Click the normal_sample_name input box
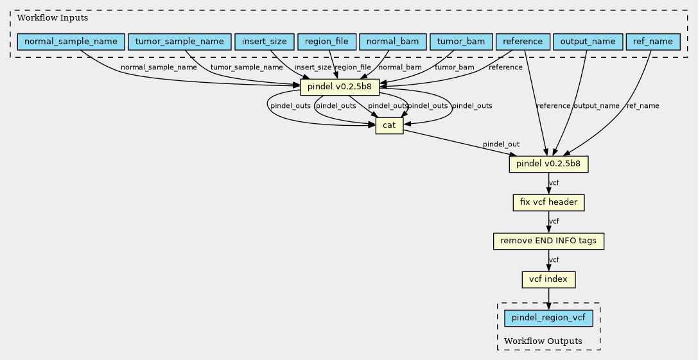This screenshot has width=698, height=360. click(x=71, y=42)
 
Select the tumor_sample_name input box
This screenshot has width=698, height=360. click(x=179, y=42)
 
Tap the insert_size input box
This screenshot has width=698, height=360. click(x=265, y=42)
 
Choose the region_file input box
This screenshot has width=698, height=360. click(x=327, y=42)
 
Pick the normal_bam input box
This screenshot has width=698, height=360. click(x=392, y=42)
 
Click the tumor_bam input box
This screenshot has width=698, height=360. click(x=461, y=42)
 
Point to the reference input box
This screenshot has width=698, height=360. click(x=523, y=42)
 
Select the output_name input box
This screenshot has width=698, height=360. click(x=588, y=42)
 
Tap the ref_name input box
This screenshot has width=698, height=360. click(x=653, y=42)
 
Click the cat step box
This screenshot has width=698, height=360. click(x=389, y=126)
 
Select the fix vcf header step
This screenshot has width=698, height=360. click(x=548, y=203)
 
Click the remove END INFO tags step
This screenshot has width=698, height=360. click(x=548, y=241)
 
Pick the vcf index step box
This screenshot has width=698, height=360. click(x=548, y=279)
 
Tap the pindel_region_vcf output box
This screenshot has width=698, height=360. click(x=548, y=318)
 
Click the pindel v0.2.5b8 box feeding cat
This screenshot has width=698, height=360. click(x=340, y=87)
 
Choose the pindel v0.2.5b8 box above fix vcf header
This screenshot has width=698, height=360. click(x=548, y=164)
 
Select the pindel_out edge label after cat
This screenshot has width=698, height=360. click(x=502, y=144)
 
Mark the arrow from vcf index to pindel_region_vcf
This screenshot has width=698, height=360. click(x=548, y=298)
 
